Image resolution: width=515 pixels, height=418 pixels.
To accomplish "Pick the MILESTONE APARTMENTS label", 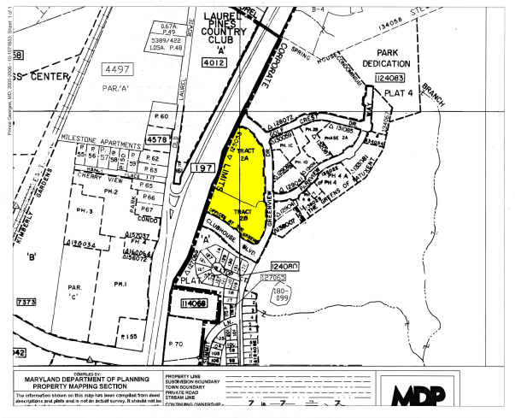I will pyautogui.click(x=99, y=137).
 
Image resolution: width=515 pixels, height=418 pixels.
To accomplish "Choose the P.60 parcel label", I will pyautogui.click(x=162, y=115).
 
